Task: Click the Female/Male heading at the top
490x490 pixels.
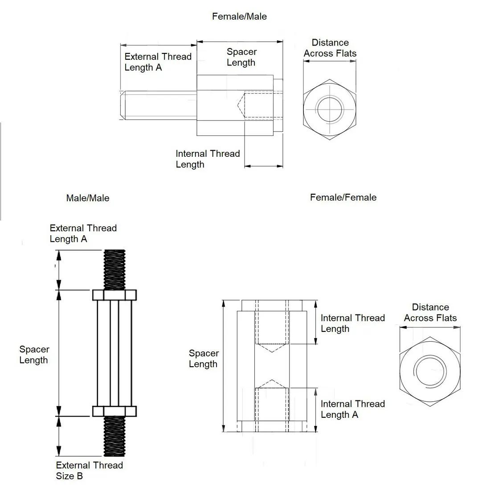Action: (239, 16)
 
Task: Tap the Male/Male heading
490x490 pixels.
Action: (87, 198)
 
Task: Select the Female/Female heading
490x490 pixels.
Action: (343, 197)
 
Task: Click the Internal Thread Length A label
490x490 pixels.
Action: (352, 409)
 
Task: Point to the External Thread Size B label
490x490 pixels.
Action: (89, 470)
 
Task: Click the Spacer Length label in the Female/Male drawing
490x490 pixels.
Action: (241, 57)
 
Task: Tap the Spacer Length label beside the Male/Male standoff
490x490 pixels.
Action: (34, 355)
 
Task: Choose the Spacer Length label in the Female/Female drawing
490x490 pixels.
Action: (204, 359)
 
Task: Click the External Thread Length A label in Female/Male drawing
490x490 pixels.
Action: (158, 62)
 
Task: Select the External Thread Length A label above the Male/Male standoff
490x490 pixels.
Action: (83, 233)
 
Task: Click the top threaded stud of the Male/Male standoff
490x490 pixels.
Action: (114, 269)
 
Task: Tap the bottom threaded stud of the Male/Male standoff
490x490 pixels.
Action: (114, 436)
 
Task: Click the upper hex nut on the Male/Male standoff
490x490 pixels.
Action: (114, 295)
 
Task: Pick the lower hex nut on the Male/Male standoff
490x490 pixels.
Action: (114, 411)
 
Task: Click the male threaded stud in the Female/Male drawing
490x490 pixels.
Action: (158, 105)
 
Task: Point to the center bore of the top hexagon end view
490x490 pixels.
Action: (330, 109)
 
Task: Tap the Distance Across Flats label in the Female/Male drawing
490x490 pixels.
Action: (330, 48)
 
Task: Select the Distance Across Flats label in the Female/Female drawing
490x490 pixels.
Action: (430, 312)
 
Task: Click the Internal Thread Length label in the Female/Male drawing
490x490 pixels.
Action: (208, 159)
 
